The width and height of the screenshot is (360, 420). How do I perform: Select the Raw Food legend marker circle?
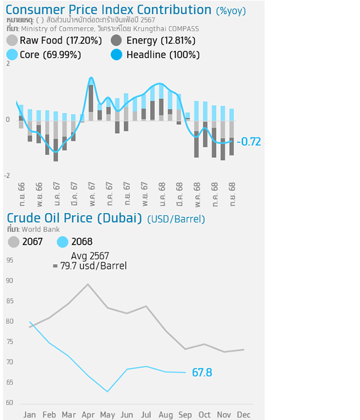[x=11, y=41]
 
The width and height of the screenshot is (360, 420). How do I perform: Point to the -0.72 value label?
[x=249, y=142]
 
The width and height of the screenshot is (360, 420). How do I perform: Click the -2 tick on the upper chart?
[x=7, y=176]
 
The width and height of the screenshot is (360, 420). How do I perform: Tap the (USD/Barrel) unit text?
[x=176, y=219]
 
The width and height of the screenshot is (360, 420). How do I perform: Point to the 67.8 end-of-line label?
[x=202, y=373]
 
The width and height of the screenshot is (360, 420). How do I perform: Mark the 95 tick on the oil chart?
[x=10, y=260]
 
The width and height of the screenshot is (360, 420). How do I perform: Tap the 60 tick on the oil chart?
[x=10, y=402]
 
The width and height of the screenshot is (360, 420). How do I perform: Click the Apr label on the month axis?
[x=88, y=415]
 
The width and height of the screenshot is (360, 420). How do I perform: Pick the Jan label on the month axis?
[x=29, y=415]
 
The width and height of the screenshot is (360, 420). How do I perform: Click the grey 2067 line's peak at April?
[x=88, y=284]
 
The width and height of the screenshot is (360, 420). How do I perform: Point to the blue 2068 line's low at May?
[x=107, y=392]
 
